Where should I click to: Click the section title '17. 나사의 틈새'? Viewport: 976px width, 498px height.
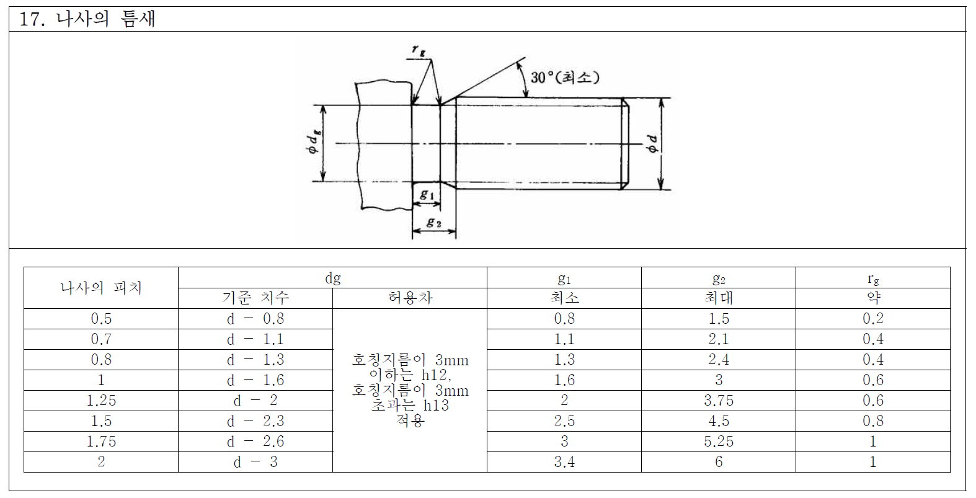87,19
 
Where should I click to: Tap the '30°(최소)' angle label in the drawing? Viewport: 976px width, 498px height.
565,78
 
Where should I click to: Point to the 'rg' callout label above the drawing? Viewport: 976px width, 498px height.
419,50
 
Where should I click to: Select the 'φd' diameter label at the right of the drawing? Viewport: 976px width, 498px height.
652,145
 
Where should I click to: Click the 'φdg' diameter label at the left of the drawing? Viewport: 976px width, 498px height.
313,142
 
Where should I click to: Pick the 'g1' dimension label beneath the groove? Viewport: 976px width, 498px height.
427,194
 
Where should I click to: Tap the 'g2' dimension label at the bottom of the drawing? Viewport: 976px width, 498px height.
434,222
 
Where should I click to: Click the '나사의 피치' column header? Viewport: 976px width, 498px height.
101,288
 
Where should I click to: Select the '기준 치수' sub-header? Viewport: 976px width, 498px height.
255,298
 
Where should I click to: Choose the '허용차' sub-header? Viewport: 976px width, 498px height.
410,298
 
